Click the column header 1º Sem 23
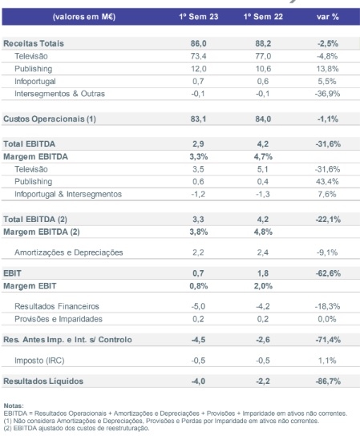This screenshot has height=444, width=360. coord(199,17)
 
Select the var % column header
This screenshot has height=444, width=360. coord(328,17)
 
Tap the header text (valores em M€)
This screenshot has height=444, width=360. coord(84,17)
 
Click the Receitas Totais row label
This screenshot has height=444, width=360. coord(34,43)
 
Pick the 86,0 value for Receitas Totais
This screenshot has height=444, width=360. coord(198,43)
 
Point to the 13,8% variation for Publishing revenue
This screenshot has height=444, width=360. coord(328,69)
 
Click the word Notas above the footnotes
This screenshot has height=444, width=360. coord(14,406)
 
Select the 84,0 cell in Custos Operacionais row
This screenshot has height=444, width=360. coord(263,119)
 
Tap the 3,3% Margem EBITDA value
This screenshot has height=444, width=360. coord(199,156)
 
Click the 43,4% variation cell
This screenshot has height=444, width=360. coord(327,181)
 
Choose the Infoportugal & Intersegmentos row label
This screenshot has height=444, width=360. coord(68,194)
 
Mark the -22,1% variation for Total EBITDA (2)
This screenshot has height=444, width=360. coord(328,220)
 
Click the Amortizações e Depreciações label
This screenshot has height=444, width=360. coord(68,252)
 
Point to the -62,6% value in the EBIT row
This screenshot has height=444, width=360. coord(328,273)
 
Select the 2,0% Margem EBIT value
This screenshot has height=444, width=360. coord(263,286)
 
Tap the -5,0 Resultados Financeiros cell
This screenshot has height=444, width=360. coord(198,306)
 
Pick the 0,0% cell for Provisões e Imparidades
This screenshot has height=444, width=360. coord(327,319)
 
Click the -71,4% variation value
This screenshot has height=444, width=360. coord(328,340)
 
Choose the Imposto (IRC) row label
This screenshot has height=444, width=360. coord(39,361)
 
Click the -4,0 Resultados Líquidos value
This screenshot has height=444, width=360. coord(198,381)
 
